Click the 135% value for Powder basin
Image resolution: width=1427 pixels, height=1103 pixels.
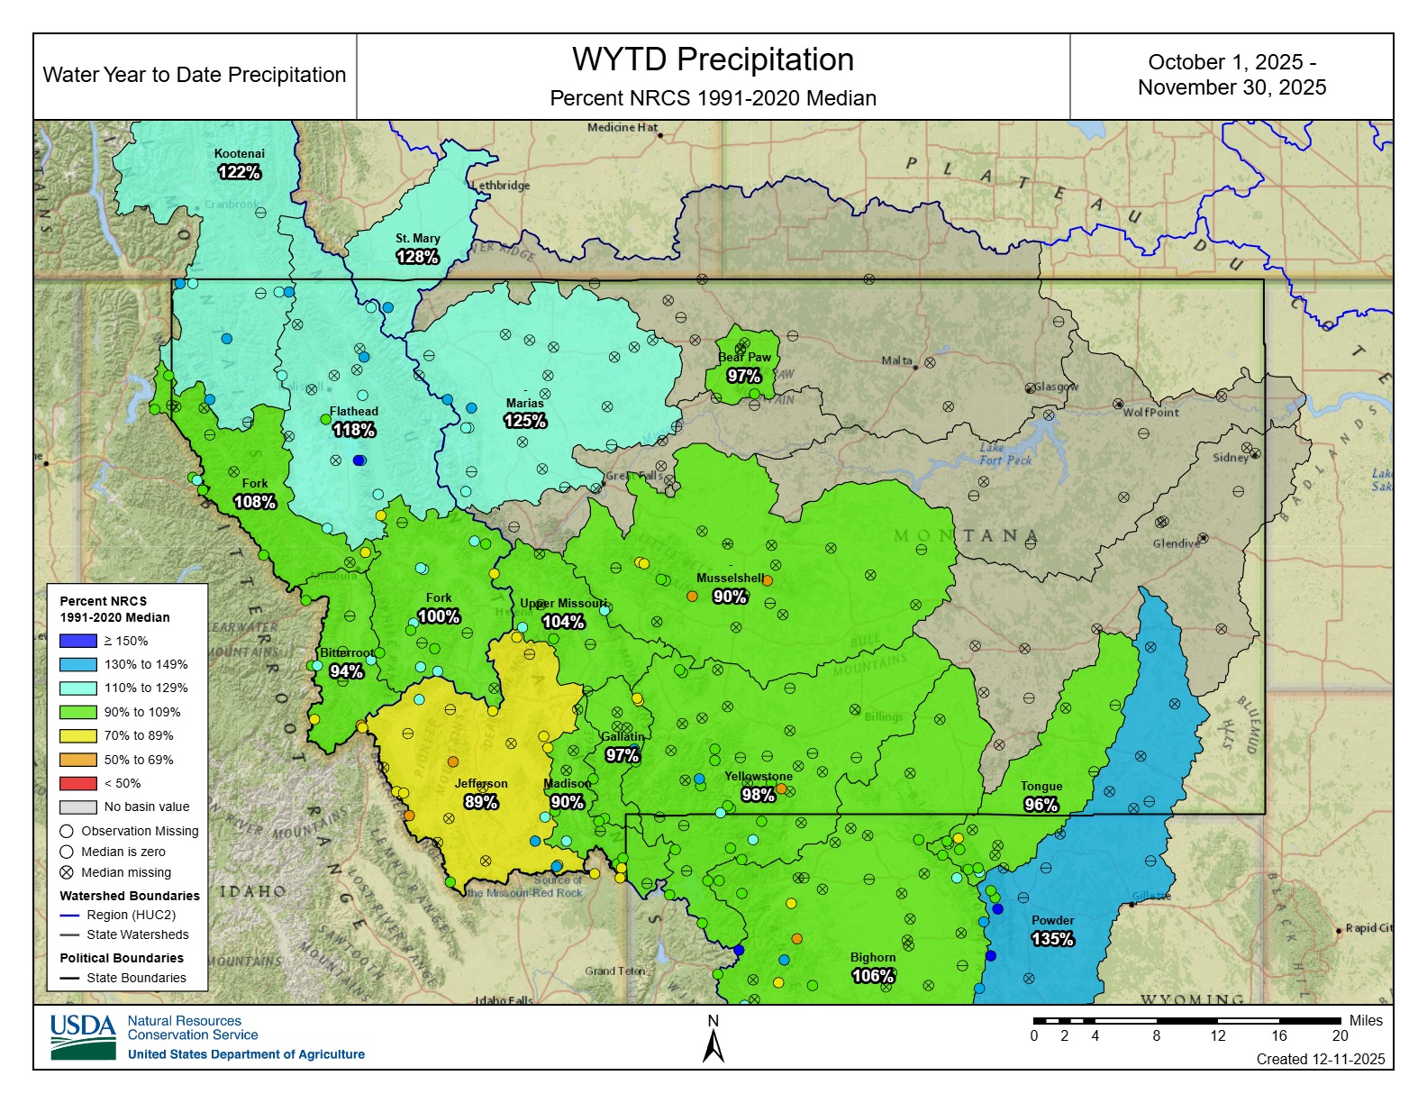click(1052, 939)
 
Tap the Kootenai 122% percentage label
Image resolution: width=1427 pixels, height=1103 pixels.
click(239, 171)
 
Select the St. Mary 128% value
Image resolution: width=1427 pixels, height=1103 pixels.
click(417, 257)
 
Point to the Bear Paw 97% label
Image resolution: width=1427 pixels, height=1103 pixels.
click(744, 376)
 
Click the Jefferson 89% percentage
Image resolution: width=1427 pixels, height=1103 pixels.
click(480, 802)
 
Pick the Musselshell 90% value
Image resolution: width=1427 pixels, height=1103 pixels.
click(730, 597)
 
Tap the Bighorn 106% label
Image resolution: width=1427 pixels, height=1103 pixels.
click(872, 976)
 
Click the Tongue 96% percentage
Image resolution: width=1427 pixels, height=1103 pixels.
click(1041, 805)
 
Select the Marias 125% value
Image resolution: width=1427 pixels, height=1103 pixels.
click(524, 421)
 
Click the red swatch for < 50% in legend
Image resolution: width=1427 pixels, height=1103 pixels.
click(77, 783)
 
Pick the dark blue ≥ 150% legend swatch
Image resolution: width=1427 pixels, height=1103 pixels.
click(77, 641)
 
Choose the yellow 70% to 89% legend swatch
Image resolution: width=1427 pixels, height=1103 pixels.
click(77, 735)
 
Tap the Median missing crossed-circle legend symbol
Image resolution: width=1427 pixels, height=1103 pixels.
click(67, 872)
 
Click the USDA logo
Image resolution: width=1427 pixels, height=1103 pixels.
click(83, 1037)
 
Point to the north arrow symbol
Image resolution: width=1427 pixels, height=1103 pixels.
click(713, 1045)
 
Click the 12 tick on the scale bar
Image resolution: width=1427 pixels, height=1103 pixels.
click(1218, 1035)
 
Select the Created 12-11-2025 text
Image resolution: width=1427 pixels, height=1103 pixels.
click(1321, 1059)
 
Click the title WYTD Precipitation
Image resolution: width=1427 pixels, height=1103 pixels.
click(713, 59)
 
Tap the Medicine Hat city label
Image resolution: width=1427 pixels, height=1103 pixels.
click(622, 128)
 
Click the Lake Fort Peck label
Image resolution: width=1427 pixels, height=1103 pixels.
click(1004, 454)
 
